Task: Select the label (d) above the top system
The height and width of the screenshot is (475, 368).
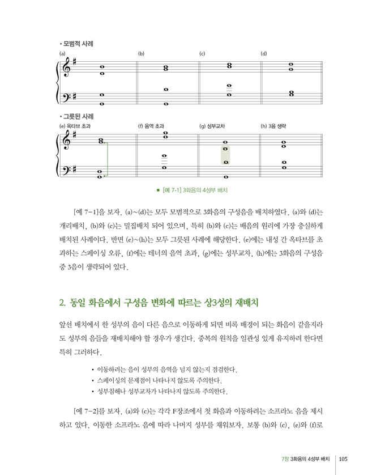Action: [x=263, y=54]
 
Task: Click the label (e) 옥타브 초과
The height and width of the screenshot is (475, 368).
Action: [x=74, y=126]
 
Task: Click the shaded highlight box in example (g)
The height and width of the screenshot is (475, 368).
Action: [x=225, y=155]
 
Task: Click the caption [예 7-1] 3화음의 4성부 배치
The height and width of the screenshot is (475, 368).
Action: [x=198, y=190]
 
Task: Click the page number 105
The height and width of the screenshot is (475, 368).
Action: [x=346, y=459]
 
